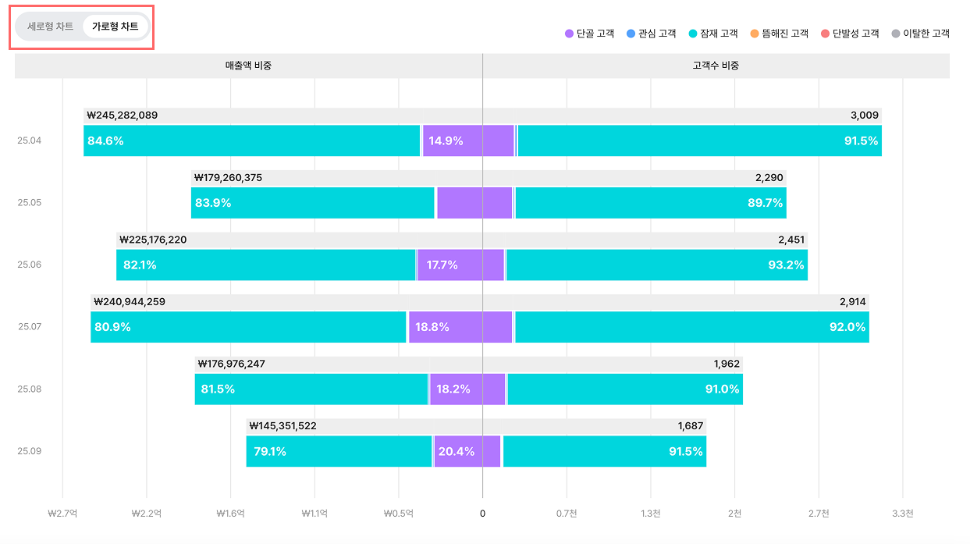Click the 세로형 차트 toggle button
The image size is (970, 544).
point(51,27)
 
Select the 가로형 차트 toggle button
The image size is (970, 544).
point(115,27)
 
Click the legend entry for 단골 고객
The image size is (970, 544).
point(589,34)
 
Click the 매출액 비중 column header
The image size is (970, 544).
point(248,66)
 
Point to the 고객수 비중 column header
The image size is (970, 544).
point(716,66)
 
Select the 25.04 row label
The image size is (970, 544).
point(30,140)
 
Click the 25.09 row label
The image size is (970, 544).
point(30,451)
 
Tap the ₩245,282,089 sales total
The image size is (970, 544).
point(123,116)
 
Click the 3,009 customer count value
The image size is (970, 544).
point(865,116)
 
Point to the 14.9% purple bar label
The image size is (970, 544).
point(446,141)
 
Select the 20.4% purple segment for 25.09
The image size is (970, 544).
point(457,452)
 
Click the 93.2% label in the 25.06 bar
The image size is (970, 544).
point(785,265)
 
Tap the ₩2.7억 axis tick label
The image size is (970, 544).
point(62,514)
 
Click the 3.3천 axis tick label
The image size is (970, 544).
point(903,514)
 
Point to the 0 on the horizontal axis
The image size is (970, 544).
point(482,514)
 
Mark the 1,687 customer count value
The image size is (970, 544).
point(691,426)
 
